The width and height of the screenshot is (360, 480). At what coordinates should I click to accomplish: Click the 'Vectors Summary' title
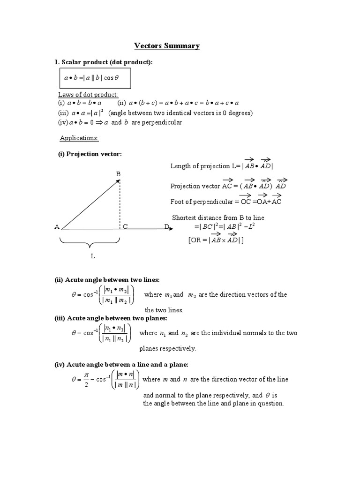(x=167, y=46)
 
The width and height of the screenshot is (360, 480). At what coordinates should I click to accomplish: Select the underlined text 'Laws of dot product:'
(x=88, y=95)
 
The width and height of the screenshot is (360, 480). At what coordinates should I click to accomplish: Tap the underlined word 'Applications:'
(x=79, y=138)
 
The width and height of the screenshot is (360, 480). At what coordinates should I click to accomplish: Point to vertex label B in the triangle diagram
(x=118, y=174)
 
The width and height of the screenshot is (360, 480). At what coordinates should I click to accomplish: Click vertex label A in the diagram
(x=57, y=227)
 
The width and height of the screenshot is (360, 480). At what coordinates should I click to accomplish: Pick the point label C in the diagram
(x=126, y=227)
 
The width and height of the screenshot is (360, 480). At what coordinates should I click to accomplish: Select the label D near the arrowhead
(x=166, y=227)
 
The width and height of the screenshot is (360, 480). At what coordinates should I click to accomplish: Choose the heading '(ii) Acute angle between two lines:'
(x=107, y=280)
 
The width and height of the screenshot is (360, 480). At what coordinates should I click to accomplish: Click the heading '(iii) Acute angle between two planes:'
(x=111, y=318)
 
